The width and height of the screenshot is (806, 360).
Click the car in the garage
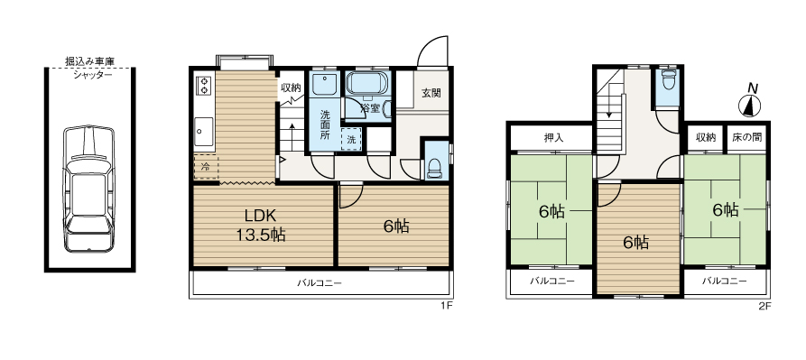click(89, 189)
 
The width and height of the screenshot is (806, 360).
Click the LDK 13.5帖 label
click(261, 225)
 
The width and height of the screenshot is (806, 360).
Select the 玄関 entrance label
click(431, 93)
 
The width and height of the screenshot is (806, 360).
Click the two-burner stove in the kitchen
click(204, 85)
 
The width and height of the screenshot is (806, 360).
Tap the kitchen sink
click(204, 131)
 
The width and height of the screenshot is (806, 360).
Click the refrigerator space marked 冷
click(206, 166)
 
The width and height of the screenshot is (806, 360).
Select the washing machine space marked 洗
click(351, 139)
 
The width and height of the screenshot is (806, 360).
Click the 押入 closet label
click(553, 138)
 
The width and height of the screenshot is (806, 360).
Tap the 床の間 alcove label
click(747, 137)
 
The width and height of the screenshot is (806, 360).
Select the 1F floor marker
click(446, 306)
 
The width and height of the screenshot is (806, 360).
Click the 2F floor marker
click(765, 306)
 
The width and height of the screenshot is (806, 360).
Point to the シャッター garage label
click(92, 75)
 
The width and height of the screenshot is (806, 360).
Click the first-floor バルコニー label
click(320, 282)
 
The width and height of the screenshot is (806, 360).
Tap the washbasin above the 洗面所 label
click(324, 84)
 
